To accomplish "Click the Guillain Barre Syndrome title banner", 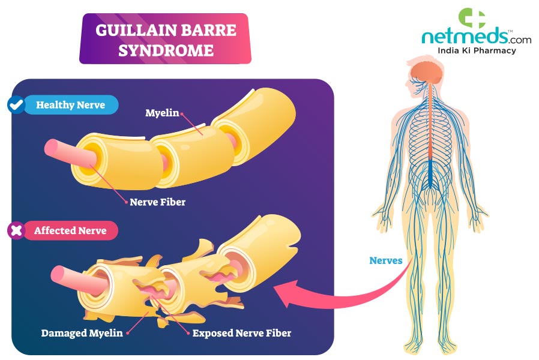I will pyautogui.click(x=165, y=39).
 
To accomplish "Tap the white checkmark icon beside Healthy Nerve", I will pyautogui.click(x=15, y=105).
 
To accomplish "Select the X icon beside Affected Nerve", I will pyautogui.click(x=15, y=230).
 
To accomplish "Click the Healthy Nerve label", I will pyautogui.click(x=70, y=105).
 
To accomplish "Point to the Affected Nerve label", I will pyautogui.click(x=70, y=230).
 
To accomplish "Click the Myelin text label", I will pyautogui.click(x=162, y=112).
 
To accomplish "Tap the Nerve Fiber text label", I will pyautogui.click(x=157, y=202).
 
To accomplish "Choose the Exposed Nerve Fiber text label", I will pyautogui.click(x=242, y=332).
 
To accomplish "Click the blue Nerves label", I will pyautogui.click(x=386, y=261).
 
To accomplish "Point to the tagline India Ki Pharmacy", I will pyautogui.click(x=477, y=51).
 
